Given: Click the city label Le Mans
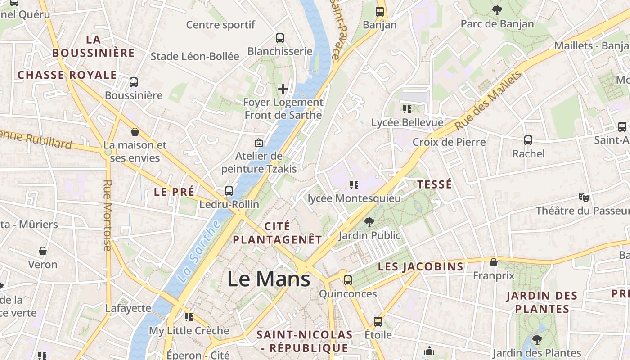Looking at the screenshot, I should tap(269, 279).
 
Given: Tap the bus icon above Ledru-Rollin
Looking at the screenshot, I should tap(229, 191).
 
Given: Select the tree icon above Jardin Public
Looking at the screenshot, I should tap(369, 222).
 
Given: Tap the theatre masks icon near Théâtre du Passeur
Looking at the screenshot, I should tap(584, 197).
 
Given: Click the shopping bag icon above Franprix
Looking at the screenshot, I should tap(494, 262).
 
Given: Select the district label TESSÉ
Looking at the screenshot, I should tap(434, 184).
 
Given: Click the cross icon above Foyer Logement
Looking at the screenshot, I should tap(283, 89).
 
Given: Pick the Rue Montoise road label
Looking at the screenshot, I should tap(108, 216).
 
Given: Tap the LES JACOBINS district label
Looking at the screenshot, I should tap(420, 266).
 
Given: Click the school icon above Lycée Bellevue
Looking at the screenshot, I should tap(407, 109).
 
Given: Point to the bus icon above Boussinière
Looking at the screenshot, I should tap(134, 82).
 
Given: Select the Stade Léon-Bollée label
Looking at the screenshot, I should tap(195, 56).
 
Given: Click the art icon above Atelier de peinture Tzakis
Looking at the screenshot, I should tap(259, 143).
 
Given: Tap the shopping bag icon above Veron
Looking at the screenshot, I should tap(43, 251).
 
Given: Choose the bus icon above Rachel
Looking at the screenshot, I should tap(528, 140).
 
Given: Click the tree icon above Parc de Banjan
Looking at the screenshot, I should tap(497, 10).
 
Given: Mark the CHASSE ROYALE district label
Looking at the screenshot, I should tap(67, 75).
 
